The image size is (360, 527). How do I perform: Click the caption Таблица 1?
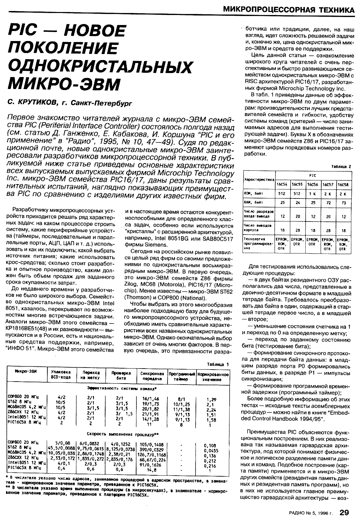point(218,364)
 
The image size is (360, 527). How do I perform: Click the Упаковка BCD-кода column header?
point(61,375)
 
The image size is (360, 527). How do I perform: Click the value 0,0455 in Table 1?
point(212,450)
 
